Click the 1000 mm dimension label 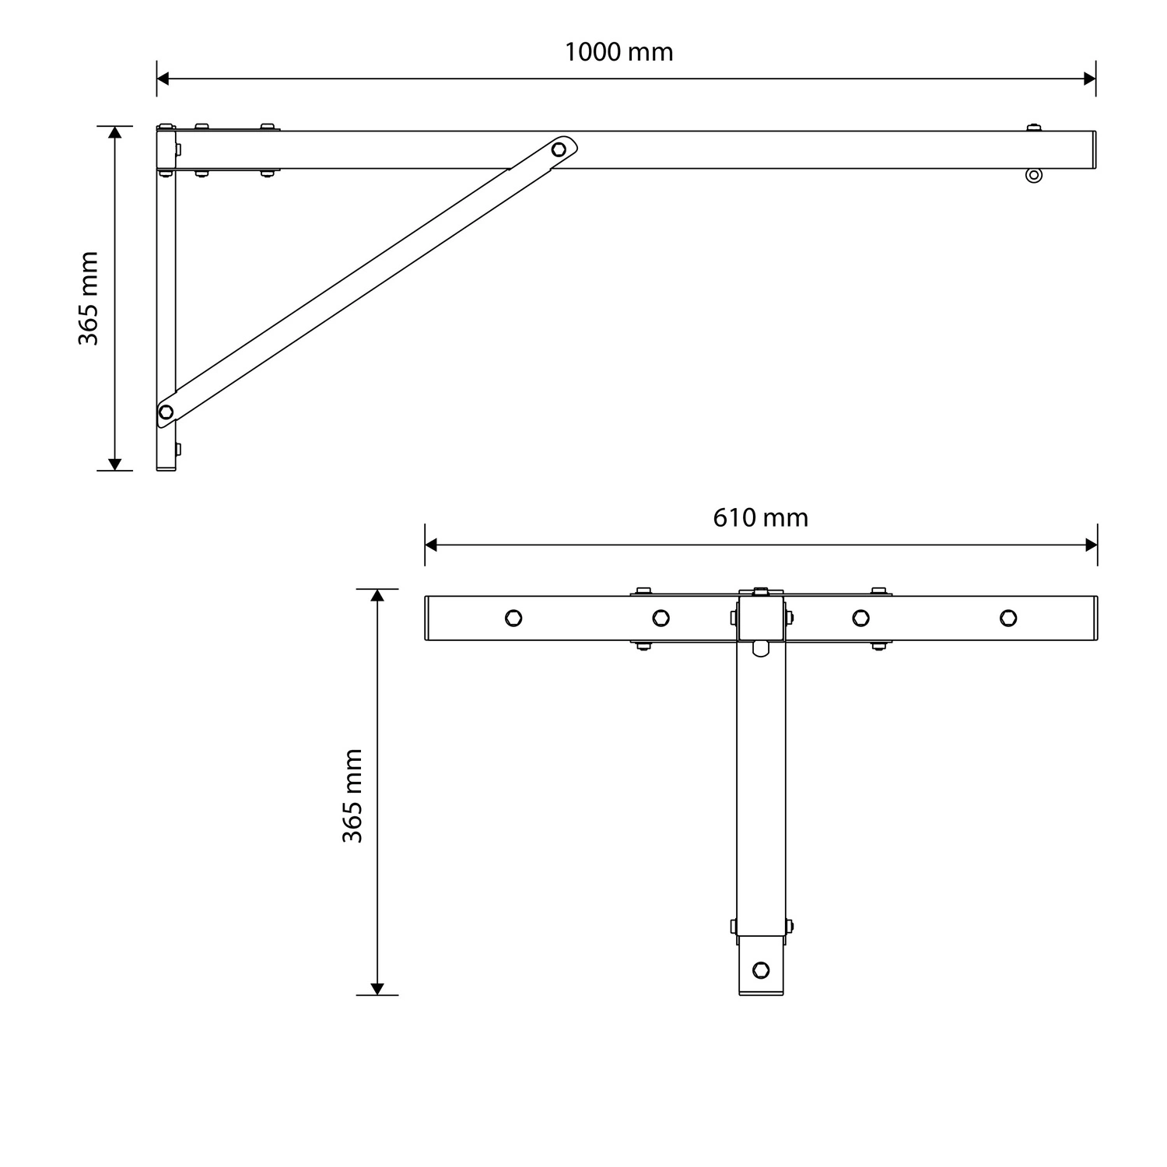[619, 52]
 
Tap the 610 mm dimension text [760, 517]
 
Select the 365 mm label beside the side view [89, 298]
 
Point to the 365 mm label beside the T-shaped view [352, 796]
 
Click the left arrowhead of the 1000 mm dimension [163, 79]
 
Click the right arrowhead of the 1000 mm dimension [1089, 79]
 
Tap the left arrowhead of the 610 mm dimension [432, 545]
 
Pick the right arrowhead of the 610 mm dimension [1091, 545]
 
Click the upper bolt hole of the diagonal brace [559, 149]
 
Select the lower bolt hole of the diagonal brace [166, 412]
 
